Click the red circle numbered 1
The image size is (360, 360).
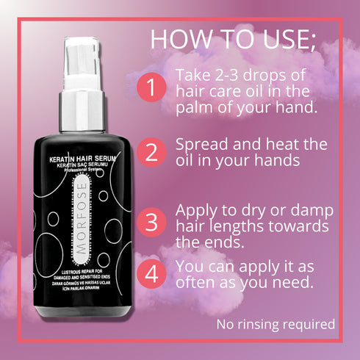pos(152,89)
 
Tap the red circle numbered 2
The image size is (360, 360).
pos(152,153)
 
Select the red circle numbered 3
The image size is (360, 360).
pos(152,221)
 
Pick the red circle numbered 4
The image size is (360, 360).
pos(152,274)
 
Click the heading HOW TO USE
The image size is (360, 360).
pos(233,40)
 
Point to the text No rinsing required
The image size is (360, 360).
pos(276,323)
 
